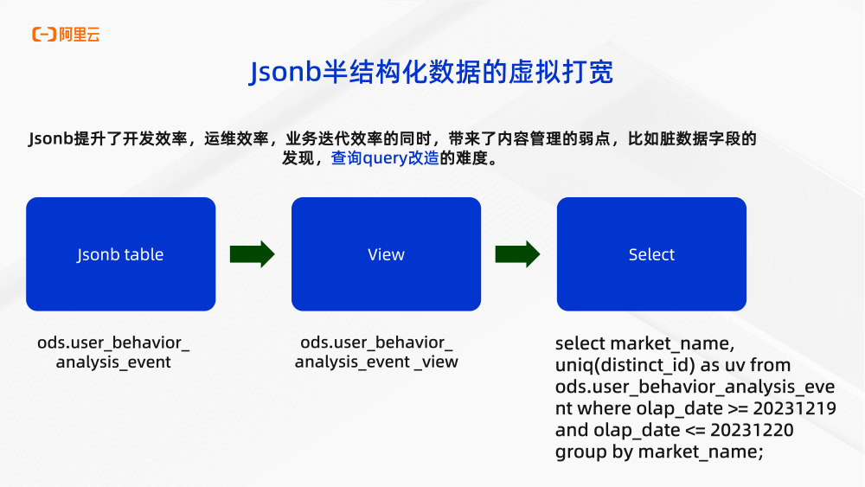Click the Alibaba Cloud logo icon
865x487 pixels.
(x=44, y=35)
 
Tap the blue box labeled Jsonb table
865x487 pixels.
(x=120, y=254)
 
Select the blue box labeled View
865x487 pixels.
(x=386, y=254)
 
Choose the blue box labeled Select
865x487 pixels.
(x=651, y=254)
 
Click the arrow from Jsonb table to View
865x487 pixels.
(x=253, y=254)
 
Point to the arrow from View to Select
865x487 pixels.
(x=518, y=254)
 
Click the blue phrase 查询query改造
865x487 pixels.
(x=385, y=159)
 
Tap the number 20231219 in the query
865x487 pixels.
(x=795, y=407)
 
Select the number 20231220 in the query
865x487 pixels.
(x=753, y=430)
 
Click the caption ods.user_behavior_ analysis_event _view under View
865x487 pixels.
(x=376, y=352)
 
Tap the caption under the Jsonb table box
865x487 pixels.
(x=113, y=352)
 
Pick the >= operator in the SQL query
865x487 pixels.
(x=738, y=407)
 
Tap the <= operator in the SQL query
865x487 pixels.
(x=695, y=430)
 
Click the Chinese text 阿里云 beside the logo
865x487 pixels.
(x=80, y=35)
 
